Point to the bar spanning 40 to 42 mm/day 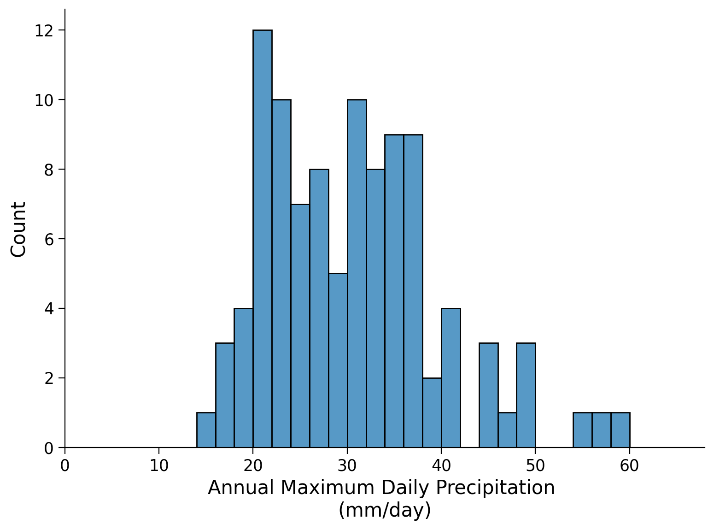click(x=451, y=378)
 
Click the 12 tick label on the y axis click(x=43, y=30)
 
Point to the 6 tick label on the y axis click(x=48, y=239)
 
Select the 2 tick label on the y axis click(x=48, y=378)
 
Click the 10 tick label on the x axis click(x=159, y=466)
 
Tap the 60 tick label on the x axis click(x=629, y=466)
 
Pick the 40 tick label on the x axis click(x=441, y=466)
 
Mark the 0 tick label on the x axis click(x=65, y=466)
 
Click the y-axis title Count click(x=19, y=229)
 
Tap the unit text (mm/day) click(x=385, y=510)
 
